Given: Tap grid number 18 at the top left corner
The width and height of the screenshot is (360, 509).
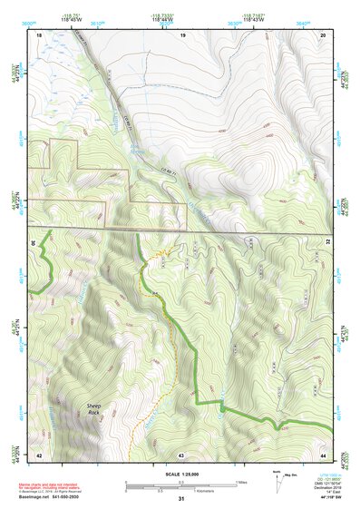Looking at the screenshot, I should tap(39, 34).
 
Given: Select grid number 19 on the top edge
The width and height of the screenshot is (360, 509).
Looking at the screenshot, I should tap(182, 34).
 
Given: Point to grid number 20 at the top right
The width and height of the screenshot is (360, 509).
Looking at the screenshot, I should tap(323, 34).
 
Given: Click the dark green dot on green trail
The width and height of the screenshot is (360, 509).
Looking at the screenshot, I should tap(220, 410).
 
